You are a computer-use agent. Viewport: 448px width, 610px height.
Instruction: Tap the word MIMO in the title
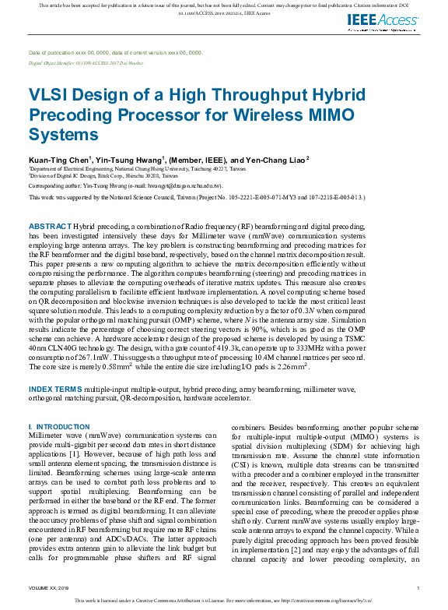(328, 115)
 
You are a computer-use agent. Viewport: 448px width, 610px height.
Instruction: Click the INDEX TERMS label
(56, 388)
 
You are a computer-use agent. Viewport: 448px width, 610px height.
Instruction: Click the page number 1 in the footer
(418, 588)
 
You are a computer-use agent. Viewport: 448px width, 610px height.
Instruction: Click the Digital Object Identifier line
(86, 61)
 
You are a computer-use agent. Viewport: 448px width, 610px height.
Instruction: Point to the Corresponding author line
(125, 186)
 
